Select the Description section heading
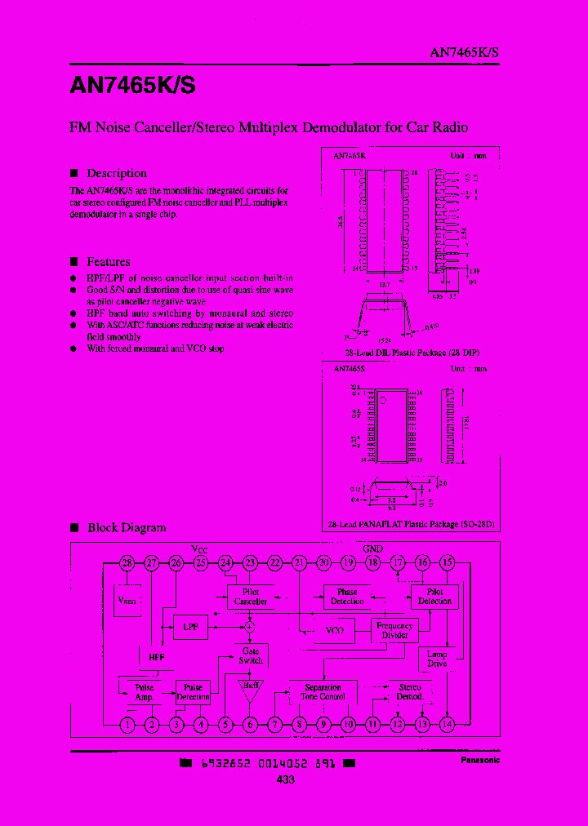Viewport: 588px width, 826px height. coord(117,173)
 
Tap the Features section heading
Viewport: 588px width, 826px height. coord(109,262)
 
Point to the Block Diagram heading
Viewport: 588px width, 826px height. coord(127,527)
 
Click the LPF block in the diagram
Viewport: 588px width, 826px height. coord(190,628)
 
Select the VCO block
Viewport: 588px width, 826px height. coord(334,630)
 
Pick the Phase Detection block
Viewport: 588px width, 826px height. coord(347,597)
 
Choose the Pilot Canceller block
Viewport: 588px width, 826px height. coord(251,597)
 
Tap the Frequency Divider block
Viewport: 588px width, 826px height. coord(394,630)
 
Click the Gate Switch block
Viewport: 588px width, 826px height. coord(250,655)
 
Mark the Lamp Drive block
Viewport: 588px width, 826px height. coord(438,659)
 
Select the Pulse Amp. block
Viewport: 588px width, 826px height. coord(145,692)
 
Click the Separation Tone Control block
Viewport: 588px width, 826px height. coord(323,692)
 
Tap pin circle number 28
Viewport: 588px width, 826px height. coord(127,562)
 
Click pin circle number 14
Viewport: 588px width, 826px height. coord(447,723)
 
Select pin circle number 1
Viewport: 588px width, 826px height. coord(127,723)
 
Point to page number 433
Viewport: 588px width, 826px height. coord(285,779)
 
